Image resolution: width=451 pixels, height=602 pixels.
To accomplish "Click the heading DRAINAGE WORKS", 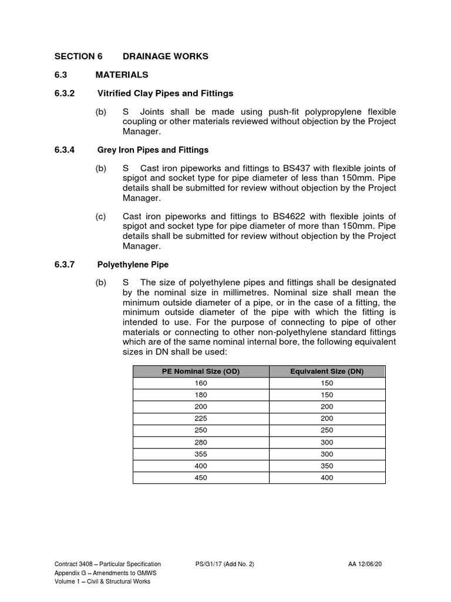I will click(x=165, y=56).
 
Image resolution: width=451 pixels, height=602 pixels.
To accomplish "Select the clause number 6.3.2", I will click(x=66, y=93).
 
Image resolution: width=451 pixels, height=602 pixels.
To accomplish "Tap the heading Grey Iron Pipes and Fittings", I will click(x=153, y=150).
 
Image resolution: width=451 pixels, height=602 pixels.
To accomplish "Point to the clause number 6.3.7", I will click(x=66, y=265).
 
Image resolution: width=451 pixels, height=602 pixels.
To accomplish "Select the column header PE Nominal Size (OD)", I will click(x=201, y=371).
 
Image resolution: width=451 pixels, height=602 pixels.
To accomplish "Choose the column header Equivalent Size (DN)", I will click(x=327, y=371).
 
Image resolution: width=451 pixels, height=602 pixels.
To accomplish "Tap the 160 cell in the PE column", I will click(x=201, y=383).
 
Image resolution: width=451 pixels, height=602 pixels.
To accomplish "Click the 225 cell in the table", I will click(x=201, y=419).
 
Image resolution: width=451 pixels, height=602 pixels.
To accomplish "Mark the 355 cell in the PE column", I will click(x=201, y=454).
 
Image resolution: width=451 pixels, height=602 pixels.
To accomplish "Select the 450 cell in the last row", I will click(x=201, y=478).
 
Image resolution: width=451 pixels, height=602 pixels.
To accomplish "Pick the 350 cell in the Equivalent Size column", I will click(x=327, y=466).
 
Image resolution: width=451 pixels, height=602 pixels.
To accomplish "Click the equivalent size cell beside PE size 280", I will click(x=327, y=442).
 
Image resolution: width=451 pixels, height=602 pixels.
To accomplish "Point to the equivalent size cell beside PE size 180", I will click(x=327, y=395).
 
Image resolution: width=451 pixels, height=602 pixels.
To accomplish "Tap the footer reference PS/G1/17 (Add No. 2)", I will click(x=225, y=564).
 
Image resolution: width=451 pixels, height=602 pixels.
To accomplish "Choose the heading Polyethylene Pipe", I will click(x=133, y=265).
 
